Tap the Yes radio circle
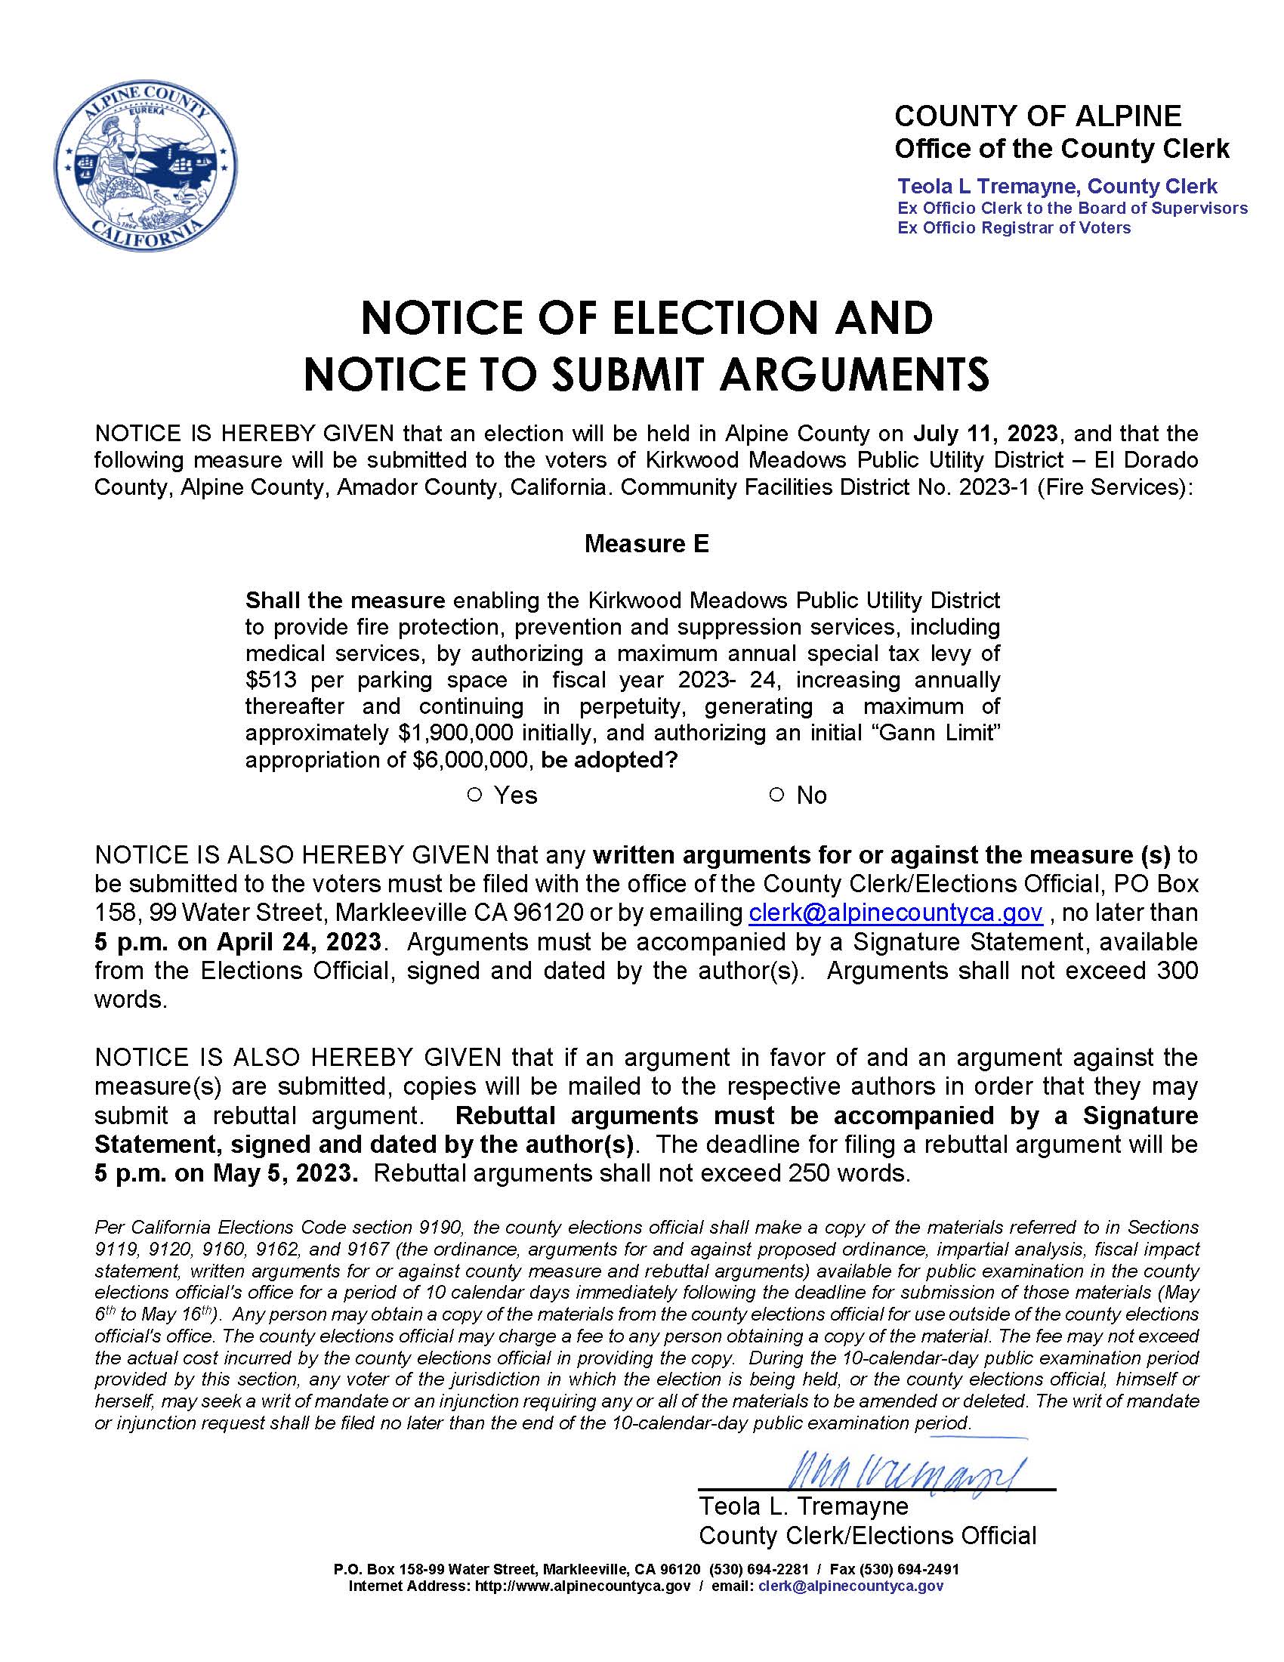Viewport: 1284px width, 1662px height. [x=474, y=795]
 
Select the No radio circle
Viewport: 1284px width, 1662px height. [x=776, y=795]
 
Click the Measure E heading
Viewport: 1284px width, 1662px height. [x=646, y=543]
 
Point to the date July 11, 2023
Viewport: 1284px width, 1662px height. [x=985, y=434]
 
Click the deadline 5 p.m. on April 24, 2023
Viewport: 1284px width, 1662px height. [x=237, y=941]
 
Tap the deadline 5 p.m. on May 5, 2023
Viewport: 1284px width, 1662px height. [x=226, y=1172]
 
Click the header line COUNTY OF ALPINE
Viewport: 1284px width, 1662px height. [x=1038, y=116]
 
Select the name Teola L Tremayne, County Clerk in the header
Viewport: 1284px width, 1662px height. [x=1057, y=187]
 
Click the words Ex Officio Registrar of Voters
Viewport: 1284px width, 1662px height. [x=1013, y=228]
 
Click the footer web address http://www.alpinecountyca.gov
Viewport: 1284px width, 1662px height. [x=582, y=1586]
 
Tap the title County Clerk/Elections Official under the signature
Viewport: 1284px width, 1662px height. [x=867, y=1536]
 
